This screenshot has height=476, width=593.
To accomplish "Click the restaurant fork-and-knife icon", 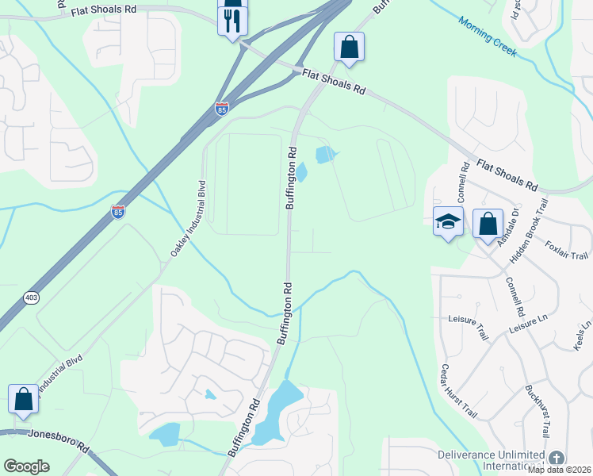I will coord(232,21).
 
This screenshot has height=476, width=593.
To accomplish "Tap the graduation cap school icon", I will coord(448,222).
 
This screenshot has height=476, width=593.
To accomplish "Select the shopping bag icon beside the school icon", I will coord(487,223).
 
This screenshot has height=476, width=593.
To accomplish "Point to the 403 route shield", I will coord(31,297).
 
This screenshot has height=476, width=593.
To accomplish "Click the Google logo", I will coord(26,466).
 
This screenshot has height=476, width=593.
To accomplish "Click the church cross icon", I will coord(557,458).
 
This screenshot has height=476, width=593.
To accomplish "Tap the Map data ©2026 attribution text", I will coord(560,470).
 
